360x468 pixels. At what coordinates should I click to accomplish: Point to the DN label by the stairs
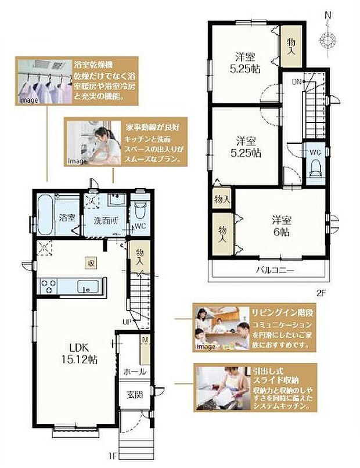[x=296, y=81]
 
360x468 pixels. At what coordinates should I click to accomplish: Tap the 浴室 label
[x=67, y=218]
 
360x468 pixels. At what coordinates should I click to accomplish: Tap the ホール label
[x=134, y=372]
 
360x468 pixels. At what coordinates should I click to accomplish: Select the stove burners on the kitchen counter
[x=48, y=286]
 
